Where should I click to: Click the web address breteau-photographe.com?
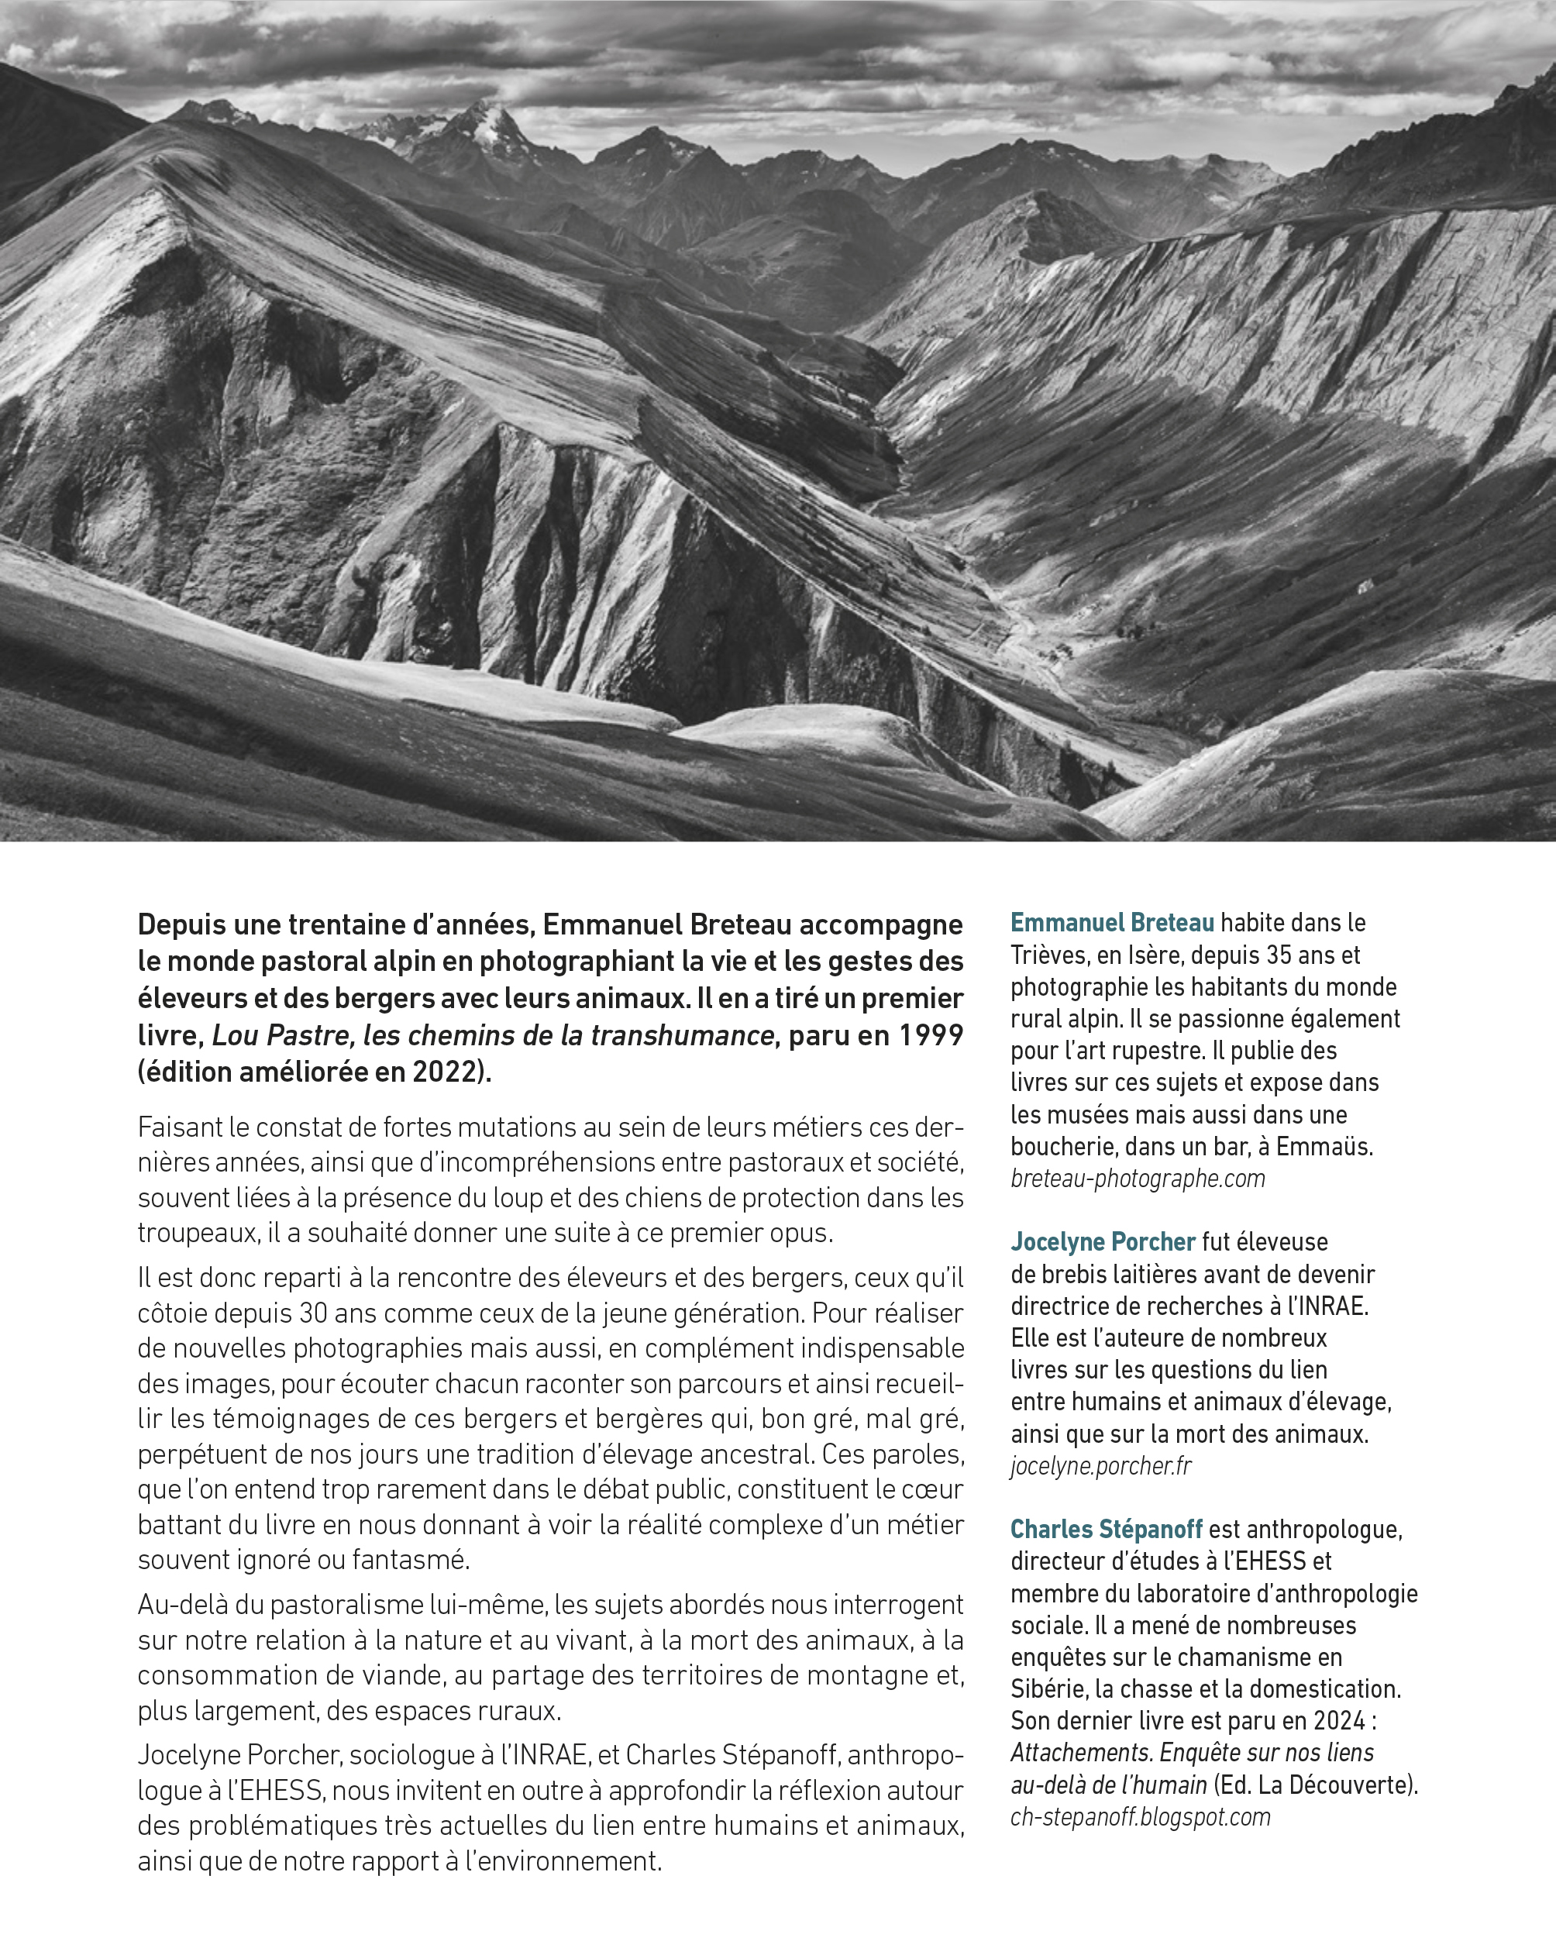point(1137,1179)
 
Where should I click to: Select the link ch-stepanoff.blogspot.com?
point(1140,1817)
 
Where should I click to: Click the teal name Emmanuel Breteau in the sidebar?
point(1112,923)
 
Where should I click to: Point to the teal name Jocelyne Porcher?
point(1103,1242)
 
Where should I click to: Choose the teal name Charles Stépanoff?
point(1107,1530)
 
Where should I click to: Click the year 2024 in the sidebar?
point(1338,1721)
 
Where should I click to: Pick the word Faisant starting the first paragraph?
point(179,1128)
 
